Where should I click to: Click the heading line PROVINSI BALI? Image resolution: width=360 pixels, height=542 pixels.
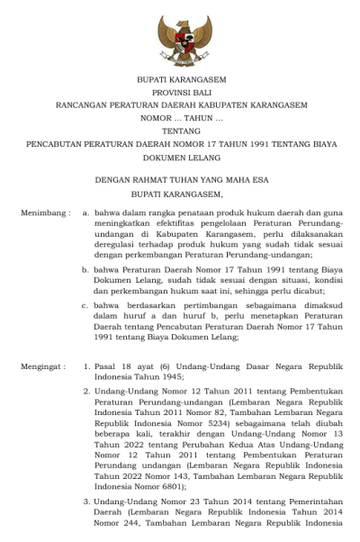point(181,92)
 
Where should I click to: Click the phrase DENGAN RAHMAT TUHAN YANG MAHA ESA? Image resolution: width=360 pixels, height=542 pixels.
point(181,180)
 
